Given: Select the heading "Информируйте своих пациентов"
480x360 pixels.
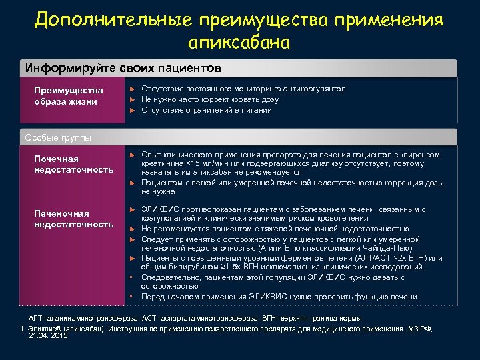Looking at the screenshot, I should (x=123, y=69).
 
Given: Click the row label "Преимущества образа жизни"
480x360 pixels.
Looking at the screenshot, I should (x=69, y=96).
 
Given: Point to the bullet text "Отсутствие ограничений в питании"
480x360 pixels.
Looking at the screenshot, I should (x=207, y=110).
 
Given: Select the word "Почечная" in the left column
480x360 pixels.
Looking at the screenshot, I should (x=56, y=159).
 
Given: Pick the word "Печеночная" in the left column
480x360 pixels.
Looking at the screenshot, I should (x=61, y=213).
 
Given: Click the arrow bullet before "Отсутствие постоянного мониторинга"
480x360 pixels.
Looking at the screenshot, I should (x=132, y=89).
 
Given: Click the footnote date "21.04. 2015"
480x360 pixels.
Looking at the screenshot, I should (x=49, y=337).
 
